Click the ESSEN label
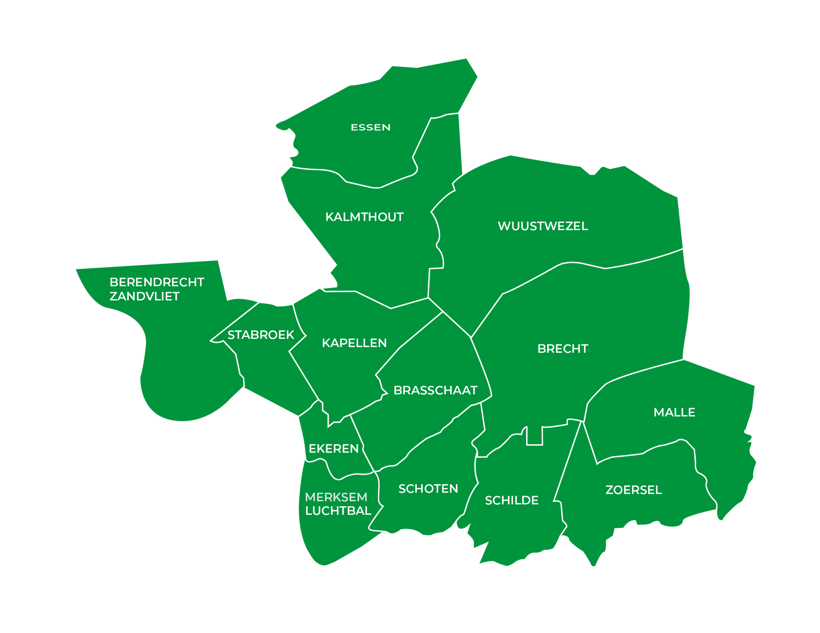click(x=370, y=128)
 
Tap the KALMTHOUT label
click(x=364, y=217)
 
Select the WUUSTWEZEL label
click(x=543, y=226)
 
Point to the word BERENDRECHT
click(x=157, y=282)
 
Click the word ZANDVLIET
click(x=144, y=296)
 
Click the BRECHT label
click(x=562, y=349)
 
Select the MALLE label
click(x=674, y=413)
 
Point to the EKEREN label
click(x=333, y=448)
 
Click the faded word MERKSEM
click(x=336, y=497)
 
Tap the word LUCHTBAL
click(x=338, y=511)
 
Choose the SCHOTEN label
click(x=428, y=489)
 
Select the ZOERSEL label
click(x=633, y=490)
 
